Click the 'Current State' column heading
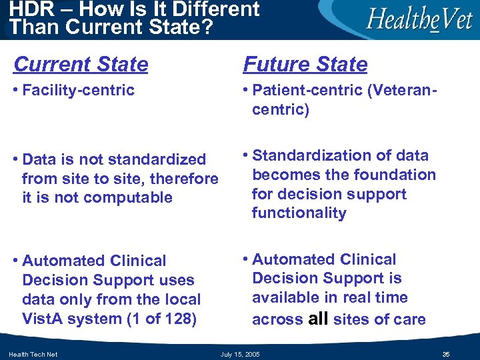coord(81,65)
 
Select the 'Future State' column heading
coord(305,65)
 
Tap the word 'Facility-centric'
coord(78,90)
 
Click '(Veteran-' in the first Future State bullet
coord(404,90)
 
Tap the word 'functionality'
coord(299,213)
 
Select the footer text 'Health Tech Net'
coord(33,354)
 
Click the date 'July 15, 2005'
coord(240,354)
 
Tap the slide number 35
coord(446,354)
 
